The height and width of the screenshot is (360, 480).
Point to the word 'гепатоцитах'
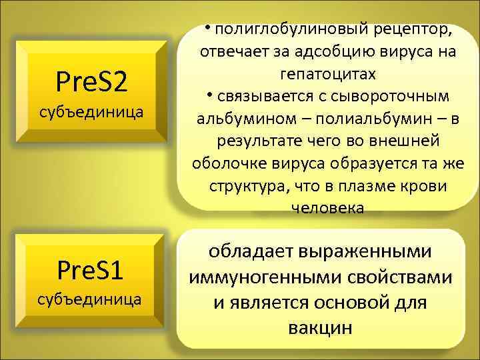327,73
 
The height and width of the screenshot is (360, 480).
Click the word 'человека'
327,208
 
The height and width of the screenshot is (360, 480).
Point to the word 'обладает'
252,252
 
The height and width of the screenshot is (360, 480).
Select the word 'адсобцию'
316,51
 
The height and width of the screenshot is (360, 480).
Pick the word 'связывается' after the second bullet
256,96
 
